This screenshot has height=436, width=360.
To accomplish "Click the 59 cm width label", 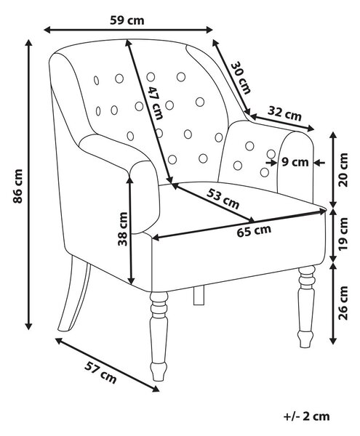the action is (x=127, y=20).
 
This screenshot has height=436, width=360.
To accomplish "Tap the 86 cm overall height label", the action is (x=17, y=186).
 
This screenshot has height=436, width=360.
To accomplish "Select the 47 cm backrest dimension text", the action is (x=155, y=102).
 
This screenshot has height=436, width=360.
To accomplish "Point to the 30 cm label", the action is (x=241, y=78).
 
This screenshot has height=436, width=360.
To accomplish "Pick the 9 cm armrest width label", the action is (x=295, y=161).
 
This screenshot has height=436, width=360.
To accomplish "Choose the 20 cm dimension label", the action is (x=343, y=169).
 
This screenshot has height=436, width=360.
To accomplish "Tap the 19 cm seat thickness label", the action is (x=343, y=234).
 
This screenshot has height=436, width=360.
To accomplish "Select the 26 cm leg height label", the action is (x=343, y=303).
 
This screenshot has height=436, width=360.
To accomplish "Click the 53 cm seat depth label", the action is (x=223, y=198).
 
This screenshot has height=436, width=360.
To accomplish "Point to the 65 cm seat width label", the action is (x=254, y=231).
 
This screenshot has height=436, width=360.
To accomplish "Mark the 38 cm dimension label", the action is (x=123, y=229).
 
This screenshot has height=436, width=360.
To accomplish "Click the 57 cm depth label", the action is (x=100, y=372).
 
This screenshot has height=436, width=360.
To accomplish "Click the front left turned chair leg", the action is (x=159, y=336).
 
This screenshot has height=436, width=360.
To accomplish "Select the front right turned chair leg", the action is (x=306, y=307).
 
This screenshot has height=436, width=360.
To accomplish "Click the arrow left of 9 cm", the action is (x=270, y=162).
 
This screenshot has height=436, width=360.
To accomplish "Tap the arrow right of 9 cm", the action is (x=319, y=163).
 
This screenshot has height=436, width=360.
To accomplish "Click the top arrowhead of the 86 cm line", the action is (x=28, y=43).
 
